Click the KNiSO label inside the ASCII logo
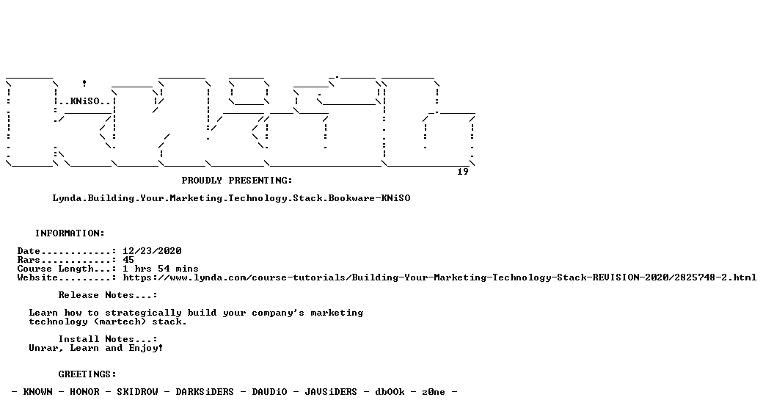click(84, 101)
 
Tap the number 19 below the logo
click(463, 172)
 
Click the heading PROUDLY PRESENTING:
click(237, 181)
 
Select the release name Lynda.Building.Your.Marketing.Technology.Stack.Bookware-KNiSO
click(232, 198)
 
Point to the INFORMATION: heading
click(70, 233)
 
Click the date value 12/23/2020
click(153, 251)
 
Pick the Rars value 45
click(128, 260)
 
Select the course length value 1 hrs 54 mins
click(161, 269)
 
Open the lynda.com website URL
click(440, 277)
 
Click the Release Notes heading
click(108, 295)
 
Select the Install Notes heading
click(108, 339)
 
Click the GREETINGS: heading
click(87, 374)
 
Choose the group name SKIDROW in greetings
click(138, 391)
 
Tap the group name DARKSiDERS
click(205, 391)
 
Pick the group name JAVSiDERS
click(331, 391)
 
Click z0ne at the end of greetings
click(434, 391)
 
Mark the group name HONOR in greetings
click(84, 391)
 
